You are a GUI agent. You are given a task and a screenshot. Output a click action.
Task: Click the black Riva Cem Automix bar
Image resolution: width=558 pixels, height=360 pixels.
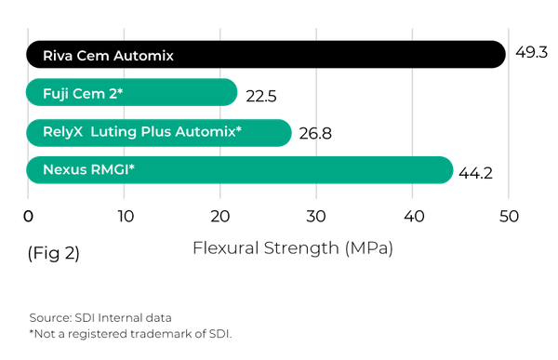[x=266, y=55]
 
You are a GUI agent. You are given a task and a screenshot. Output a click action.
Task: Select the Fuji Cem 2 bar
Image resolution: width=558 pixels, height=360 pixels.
[x=132, y=92]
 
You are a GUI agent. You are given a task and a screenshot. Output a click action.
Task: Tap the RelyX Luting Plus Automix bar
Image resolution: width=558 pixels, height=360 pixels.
[x=159, y=133]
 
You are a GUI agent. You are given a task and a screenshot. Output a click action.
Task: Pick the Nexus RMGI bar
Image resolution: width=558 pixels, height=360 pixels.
[x=240, y=170]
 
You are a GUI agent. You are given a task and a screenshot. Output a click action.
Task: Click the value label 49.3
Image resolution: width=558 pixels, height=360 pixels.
[x=531, y=52]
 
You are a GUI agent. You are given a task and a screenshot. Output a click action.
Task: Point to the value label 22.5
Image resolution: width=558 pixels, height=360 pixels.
[x=260, y=96]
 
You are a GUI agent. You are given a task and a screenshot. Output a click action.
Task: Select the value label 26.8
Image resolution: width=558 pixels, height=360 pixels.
[x=315, y=134]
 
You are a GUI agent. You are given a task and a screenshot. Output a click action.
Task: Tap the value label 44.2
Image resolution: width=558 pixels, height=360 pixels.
[x=475, y=173]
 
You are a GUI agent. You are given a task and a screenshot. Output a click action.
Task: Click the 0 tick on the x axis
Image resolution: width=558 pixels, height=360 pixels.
[x=28, y=216]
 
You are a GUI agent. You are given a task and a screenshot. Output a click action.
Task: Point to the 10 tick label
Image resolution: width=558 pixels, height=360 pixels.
[x=126, y=216]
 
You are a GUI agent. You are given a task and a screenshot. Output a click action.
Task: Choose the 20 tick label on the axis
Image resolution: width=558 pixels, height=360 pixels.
[x=219, y=216]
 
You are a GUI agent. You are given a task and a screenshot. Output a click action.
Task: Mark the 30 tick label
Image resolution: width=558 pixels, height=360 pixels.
[x=316, y=216]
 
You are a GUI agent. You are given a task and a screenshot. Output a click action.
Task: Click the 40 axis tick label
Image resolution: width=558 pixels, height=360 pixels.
[x=414, y=216]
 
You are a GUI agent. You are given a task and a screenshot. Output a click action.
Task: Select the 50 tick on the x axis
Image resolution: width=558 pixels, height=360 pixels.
[x=509, y=216]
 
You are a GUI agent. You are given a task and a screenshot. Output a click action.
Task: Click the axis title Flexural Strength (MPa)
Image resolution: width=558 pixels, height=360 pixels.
[x=293, y=248]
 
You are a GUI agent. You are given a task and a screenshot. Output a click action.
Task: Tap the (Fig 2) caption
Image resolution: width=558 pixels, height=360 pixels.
[x=54, y=253]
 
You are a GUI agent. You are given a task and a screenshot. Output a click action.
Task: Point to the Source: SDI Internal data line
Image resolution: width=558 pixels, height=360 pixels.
[x=100, y=317]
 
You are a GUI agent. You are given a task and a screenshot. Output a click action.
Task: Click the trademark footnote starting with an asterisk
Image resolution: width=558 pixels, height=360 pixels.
[x=130, y=334]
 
